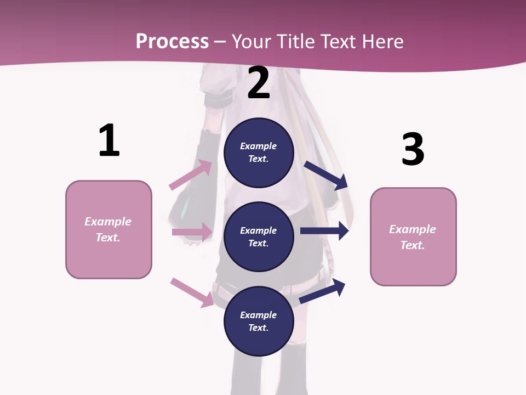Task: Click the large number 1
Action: (x=109, y=140)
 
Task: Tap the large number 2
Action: (x=259, y=83)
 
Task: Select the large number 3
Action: (x=413, y=149)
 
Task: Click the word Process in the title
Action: (x=172, y=42)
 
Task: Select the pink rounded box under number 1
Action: (x=108, y=229)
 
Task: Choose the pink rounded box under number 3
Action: (x=413, y=237)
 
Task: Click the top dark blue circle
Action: (x=259, y=153)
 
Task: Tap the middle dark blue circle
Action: (x=259, y=236)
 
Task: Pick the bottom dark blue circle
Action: (x=259, y=321)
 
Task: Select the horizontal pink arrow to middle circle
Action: (x=192, y=232)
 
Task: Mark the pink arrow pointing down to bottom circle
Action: (x=192, y=292)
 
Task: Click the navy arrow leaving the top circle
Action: (x=326, y=175)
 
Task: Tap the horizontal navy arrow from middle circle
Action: (x=324, y=231)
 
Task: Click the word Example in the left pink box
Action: (x=108, y=222)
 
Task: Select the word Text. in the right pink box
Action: (x=413, y=245)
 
